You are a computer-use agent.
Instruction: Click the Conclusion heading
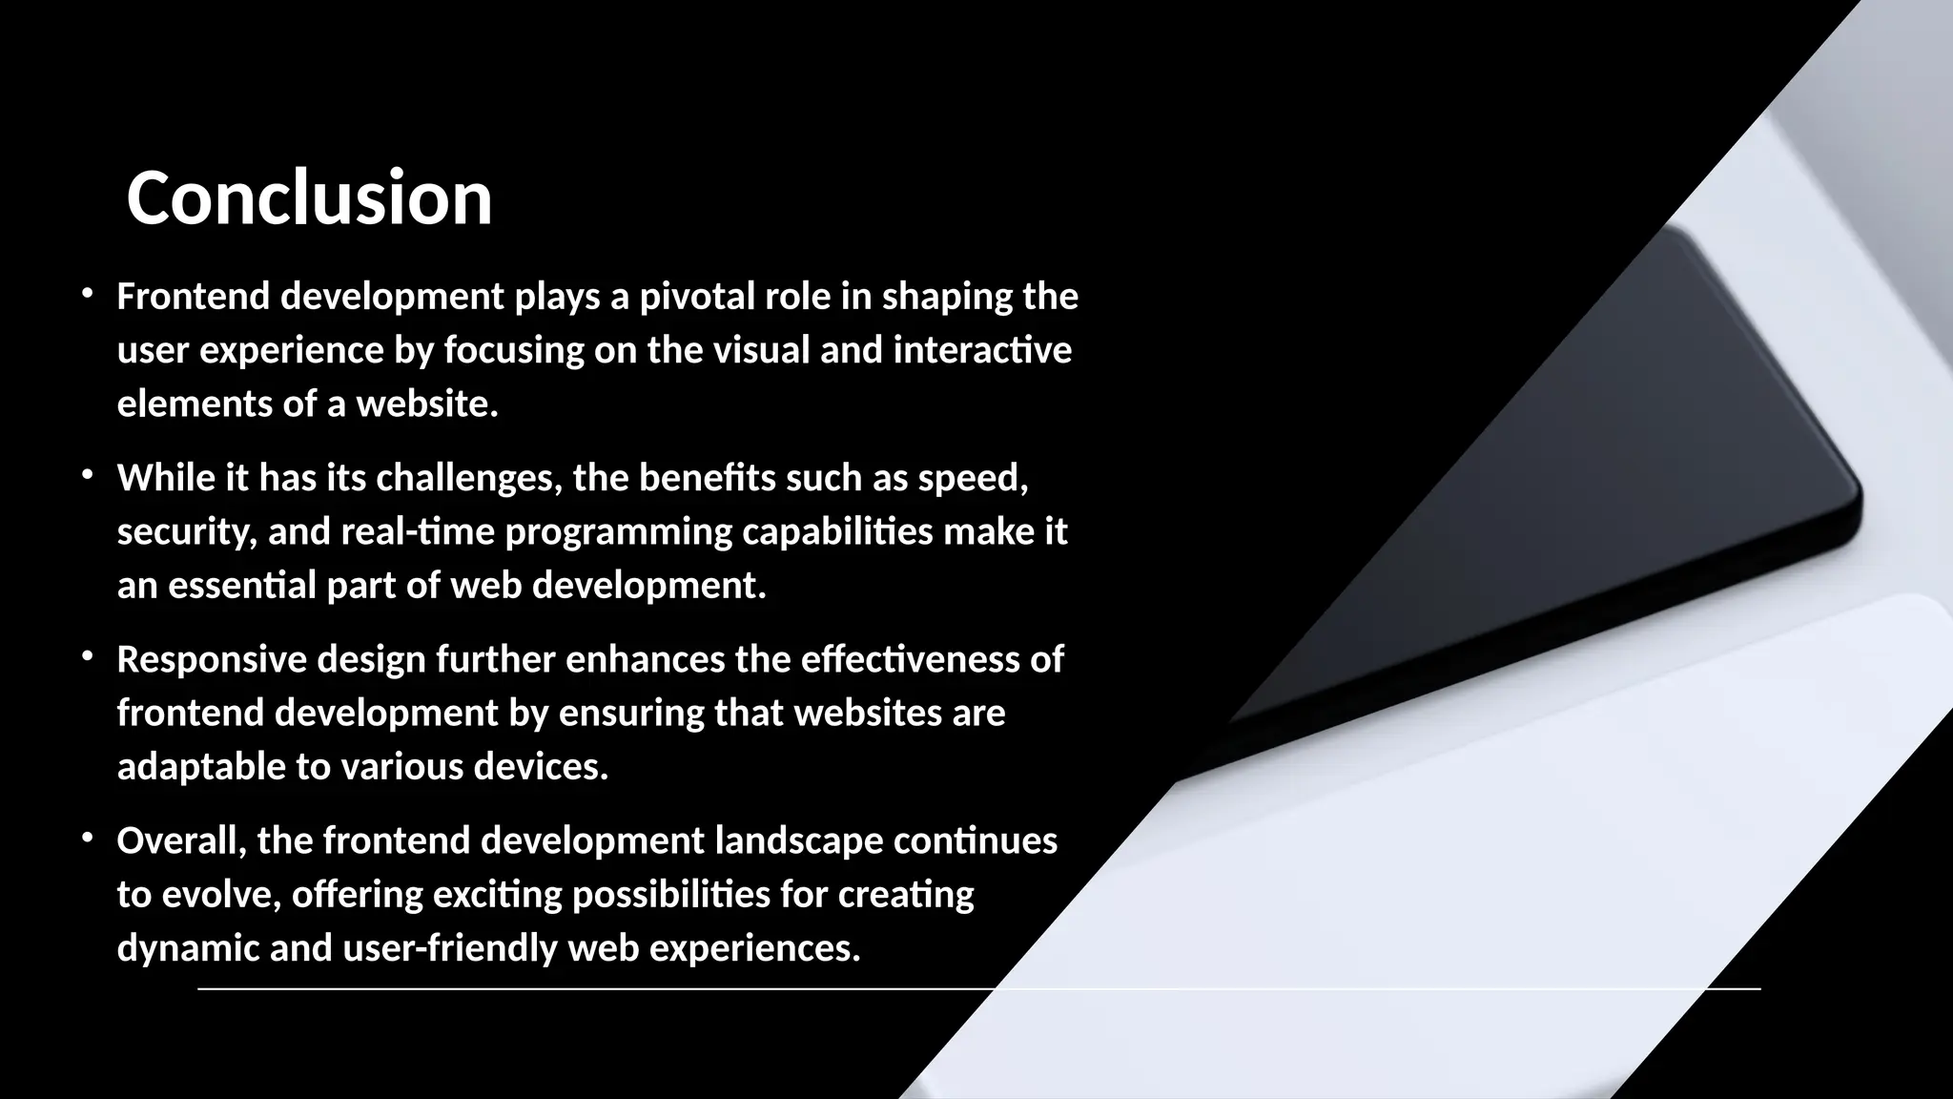[x=309, y=198]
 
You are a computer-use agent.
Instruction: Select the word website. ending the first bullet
[x=427, y=404]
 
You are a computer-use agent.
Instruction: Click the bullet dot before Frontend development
[x=87, y=294]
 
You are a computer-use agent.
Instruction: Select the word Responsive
[x=212, y=659]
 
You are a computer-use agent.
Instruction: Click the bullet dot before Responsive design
[x=87, y=656]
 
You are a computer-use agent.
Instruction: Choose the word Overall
[x=181, y=841]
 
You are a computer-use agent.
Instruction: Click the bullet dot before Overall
[x=87, y=838]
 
